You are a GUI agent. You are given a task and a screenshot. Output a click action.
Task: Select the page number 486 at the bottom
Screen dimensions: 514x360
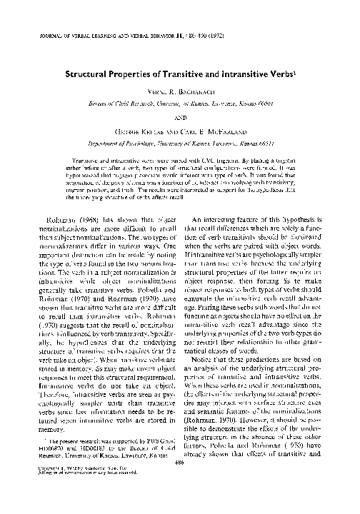click(x=180, y=483)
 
